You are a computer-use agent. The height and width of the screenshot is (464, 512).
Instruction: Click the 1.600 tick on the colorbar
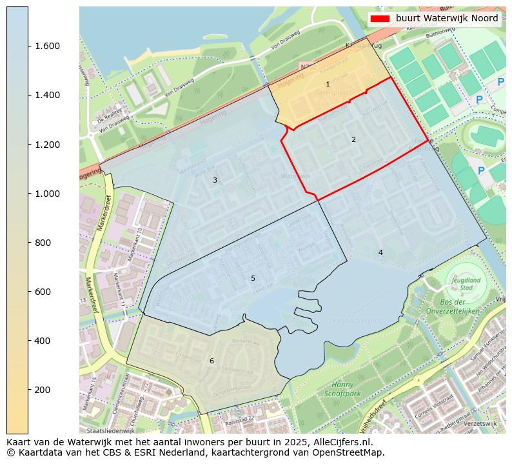(x=43, y=46)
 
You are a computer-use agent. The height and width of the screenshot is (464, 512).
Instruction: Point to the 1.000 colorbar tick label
(x=43, y=194)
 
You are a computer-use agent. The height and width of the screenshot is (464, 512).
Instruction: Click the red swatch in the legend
(x=380, y=18)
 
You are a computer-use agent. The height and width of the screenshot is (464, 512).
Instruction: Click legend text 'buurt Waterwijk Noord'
(x=447, y=18)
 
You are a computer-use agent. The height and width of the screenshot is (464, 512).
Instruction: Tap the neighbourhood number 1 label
(x=328, y=85)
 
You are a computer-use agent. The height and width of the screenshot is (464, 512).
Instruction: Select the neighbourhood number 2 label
(x=353, y=139)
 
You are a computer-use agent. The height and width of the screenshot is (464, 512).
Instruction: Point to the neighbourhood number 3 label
(x=215, y=180)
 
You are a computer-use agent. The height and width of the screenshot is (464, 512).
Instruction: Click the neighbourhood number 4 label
(x=380, y=252)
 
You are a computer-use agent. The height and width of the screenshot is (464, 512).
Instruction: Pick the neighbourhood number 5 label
(x=253, y=278)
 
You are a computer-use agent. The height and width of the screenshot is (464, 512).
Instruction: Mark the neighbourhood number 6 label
(x=212, y=361)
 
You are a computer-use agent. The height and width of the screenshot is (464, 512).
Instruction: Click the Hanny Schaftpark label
(x=342, y=388)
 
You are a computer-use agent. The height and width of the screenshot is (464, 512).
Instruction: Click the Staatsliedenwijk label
(x=110, y=430)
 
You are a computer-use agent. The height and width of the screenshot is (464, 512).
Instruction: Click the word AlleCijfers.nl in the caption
(x=342, y=442)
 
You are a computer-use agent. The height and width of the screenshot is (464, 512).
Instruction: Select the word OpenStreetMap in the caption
(x=351, y=452)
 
